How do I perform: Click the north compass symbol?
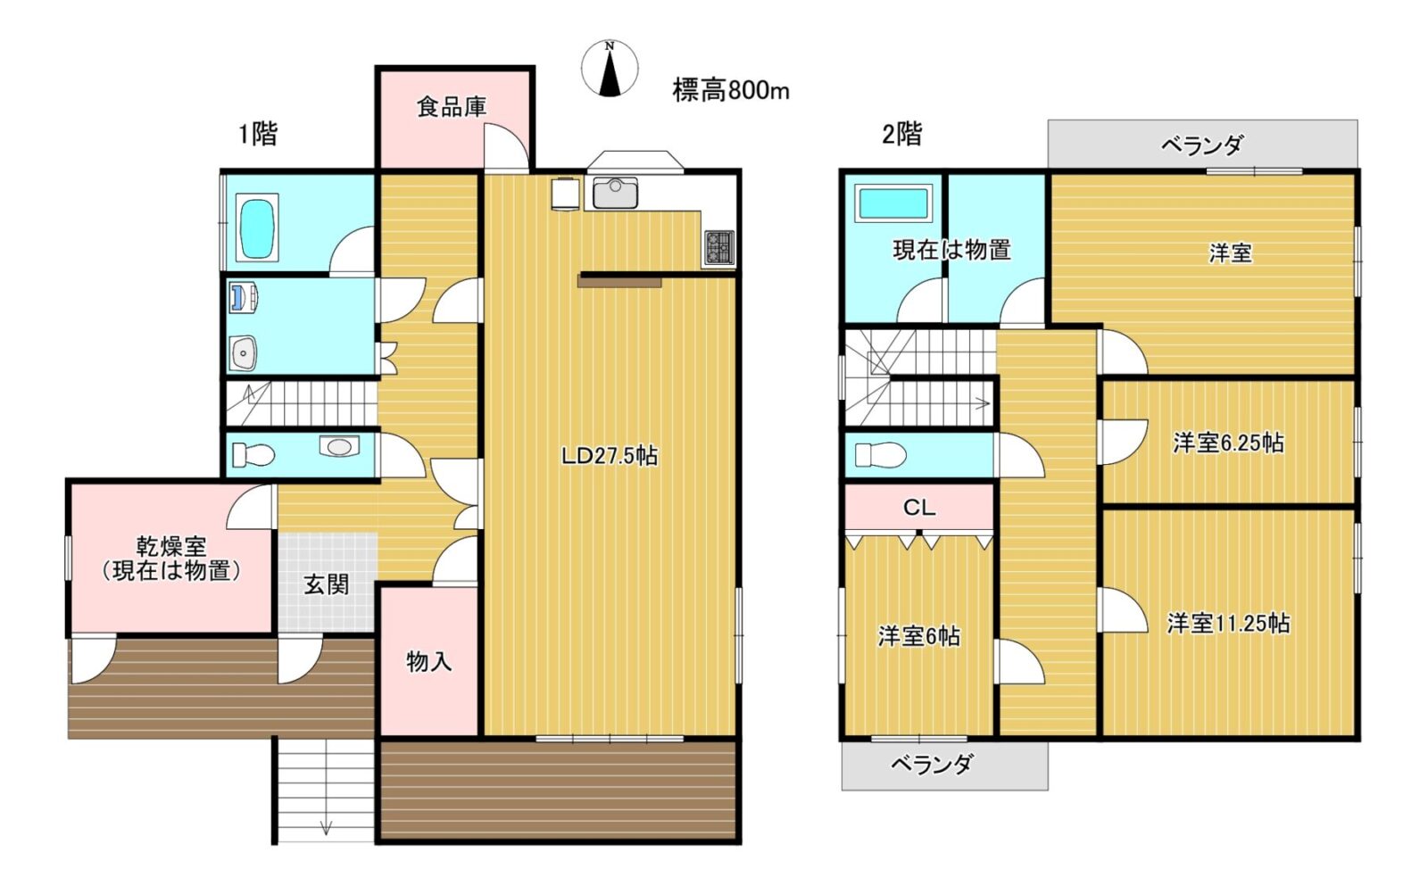click(x=610, y=68)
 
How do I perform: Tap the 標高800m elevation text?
click(x=731, y=90)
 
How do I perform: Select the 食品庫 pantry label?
click(x=452, y=106)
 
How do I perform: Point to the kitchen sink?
click(x=615, y=192)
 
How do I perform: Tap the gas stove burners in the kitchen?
click(x=719, y=247)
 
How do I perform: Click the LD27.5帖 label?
click(x=610, y=456)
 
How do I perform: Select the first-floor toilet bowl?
click(x=253, y=455)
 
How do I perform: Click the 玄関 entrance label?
click(x=326, y=584)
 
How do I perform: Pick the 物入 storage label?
click(x=429, y=662)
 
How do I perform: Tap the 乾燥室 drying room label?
click(x=170, y=546)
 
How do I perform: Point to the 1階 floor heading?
click(x=258, y=134)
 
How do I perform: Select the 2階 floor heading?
click(x=902, y=134)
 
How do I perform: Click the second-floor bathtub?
click(x=893, y=203)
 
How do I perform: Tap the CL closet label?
click(x=918, y=508)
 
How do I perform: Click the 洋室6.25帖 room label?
click(x=1228, y=443)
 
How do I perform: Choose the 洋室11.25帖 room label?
click(x=1228, y=623)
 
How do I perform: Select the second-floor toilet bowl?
click(x=880, y=455)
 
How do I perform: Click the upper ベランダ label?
click(x=1201, y=145)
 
